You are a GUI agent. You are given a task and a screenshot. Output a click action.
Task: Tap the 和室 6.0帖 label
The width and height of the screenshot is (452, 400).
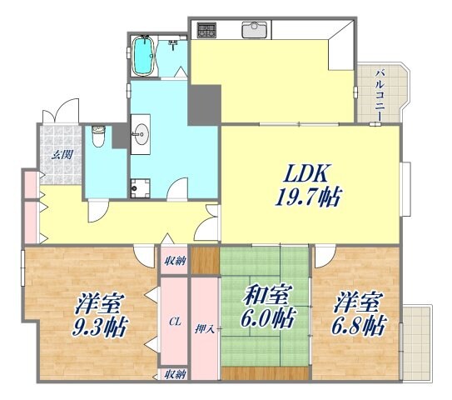click(x=267, y=306)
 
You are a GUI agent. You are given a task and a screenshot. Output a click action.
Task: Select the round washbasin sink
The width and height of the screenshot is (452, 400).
click(x=141, y=132)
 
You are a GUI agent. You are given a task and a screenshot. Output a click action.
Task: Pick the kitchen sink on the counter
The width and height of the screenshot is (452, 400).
click(x=254, y=32)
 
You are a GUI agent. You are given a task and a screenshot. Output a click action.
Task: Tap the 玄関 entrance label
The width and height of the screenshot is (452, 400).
click(x=60, y=155)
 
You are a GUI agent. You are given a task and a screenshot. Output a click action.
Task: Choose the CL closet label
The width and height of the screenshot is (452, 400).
click(x=175, y=320)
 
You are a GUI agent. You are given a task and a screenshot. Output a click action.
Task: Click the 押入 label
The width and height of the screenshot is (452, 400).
click(x=206, y=327)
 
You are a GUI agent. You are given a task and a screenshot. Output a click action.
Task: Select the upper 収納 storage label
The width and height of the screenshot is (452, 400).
click(x=174, y=262)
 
